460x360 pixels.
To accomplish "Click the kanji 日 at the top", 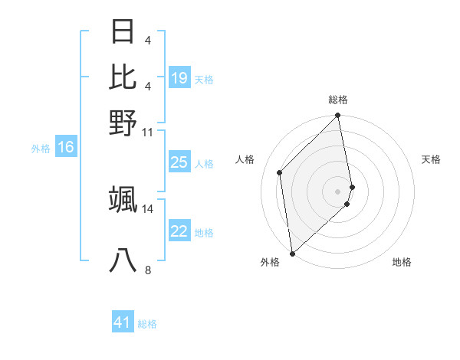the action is tap(123, 32).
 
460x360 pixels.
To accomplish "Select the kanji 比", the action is tap(123, 77).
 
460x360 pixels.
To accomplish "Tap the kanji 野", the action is tap(123, 123).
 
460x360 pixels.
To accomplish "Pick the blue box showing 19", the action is tap(179, 78).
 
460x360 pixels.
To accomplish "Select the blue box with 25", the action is tap(179, 162).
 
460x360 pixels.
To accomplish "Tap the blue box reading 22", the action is tap(179, 231).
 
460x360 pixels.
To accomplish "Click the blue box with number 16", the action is tap(66, 148).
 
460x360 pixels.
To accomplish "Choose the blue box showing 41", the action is tap(123, 322).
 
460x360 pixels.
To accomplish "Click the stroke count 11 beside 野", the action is tap(148, 132).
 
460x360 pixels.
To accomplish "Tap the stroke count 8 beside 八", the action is tap(148, 270).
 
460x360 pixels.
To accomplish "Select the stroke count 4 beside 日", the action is tap(148, 38).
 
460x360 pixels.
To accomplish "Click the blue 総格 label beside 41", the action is tap(148, 324).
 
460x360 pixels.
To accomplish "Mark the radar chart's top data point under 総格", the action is tap(337, 116).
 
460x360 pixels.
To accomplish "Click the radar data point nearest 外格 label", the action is tap(292, 253).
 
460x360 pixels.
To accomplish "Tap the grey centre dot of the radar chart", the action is tap(337, 191).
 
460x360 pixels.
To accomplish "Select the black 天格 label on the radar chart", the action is tap(431, 159).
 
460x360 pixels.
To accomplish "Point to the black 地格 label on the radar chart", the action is tap(402, 262).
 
